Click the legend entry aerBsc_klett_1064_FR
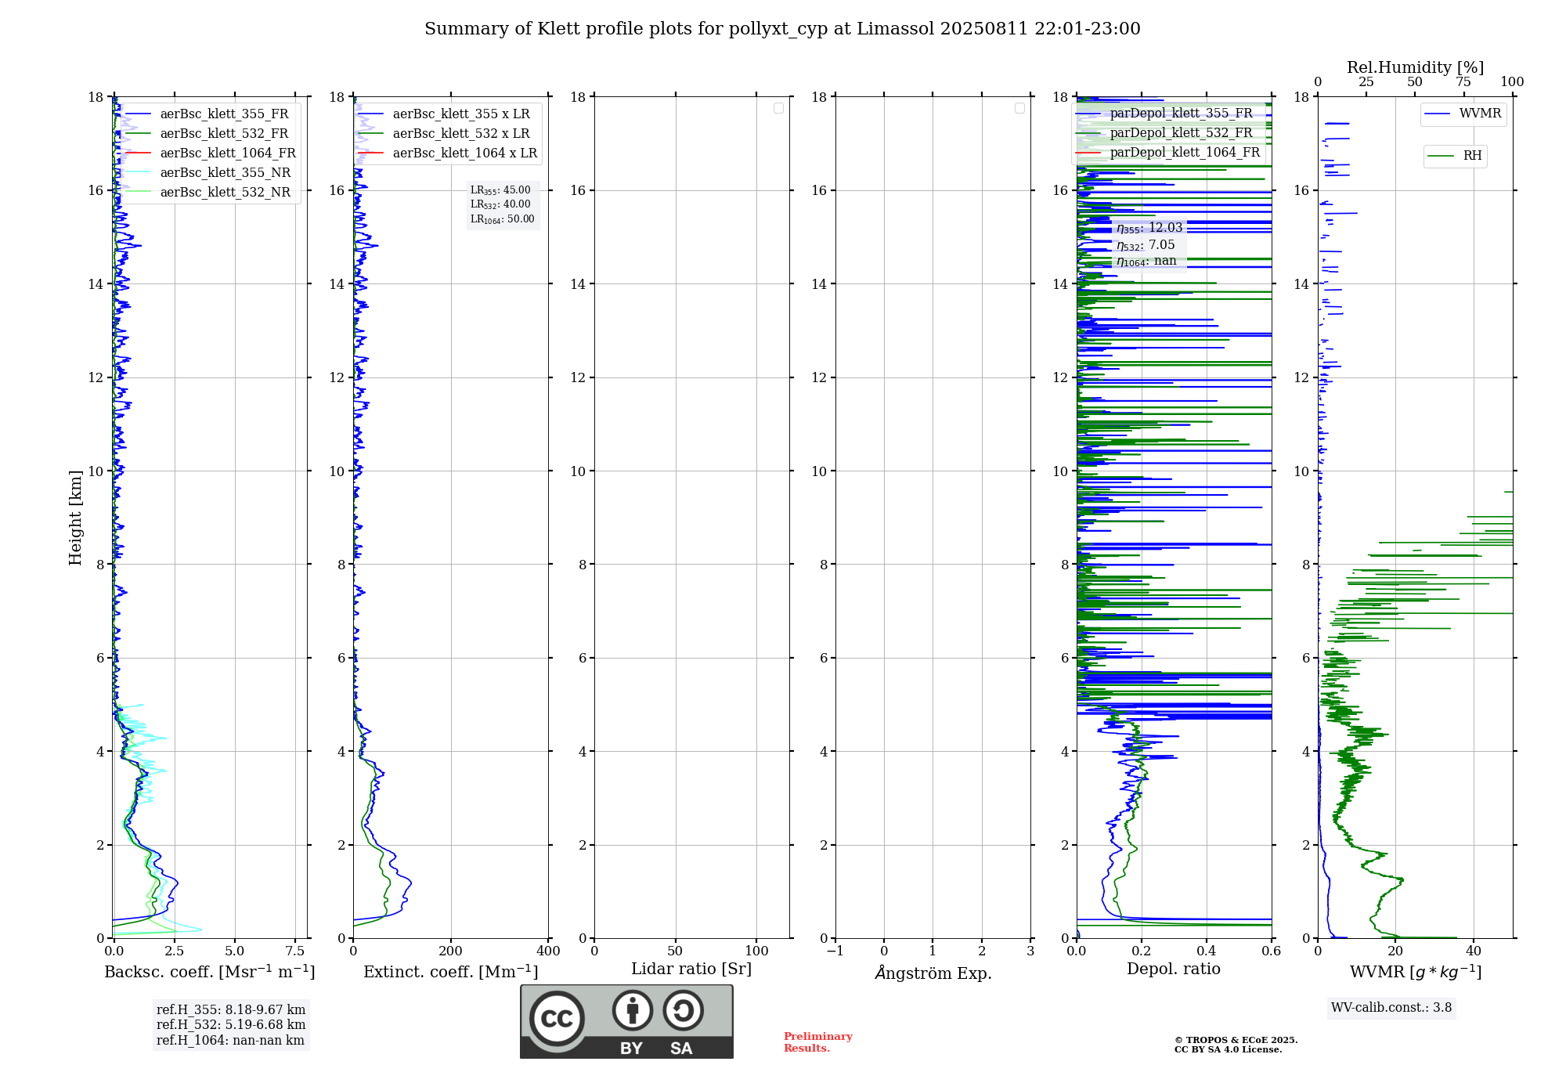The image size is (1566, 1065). [227, 153]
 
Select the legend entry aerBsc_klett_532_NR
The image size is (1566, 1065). [225, 193]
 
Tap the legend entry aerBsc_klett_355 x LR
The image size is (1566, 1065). [460, 114]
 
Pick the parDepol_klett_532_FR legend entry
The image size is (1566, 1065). [1181, 133]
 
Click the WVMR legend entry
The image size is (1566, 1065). [1480, 114]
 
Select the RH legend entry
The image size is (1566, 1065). [1472, 156]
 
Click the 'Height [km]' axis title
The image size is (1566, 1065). [75, 517]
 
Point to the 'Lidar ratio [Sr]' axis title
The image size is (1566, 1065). [691, 969]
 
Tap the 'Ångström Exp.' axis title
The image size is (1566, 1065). [933, 973]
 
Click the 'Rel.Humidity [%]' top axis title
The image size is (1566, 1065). [1415, 67]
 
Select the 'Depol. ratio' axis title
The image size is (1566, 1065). [1173, 969]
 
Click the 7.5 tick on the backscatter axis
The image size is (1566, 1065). [294, 951]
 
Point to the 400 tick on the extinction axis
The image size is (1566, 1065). [548, 951]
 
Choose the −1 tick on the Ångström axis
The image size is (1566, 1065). [835, 951]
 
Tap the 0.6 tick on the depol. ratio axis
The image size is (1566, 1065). [1271, 951]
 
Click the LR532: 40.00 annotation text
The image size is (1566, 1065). [500, 204]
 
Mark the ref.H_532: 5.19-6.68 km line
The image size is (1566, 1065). [231, 1025]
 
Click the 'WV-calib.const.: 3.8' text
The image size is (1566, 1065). [1391, 1008]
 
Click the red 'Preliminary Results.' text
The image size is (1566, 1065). [817, 1042]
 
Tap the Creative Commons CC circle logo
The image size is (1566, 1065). [557, 1019]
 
